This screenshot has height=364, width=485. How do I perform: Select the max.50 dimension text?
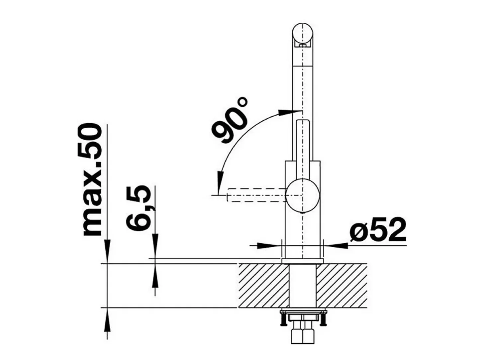tap(92, 181)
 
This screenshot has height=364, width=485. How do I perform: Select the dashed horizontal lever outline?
tap(257, 195)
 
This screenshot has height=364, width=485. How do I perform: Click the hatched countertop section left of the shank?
tap(263, 286)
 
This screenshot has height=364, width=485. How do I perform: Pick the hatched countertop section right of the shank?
tap(341, 286)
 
